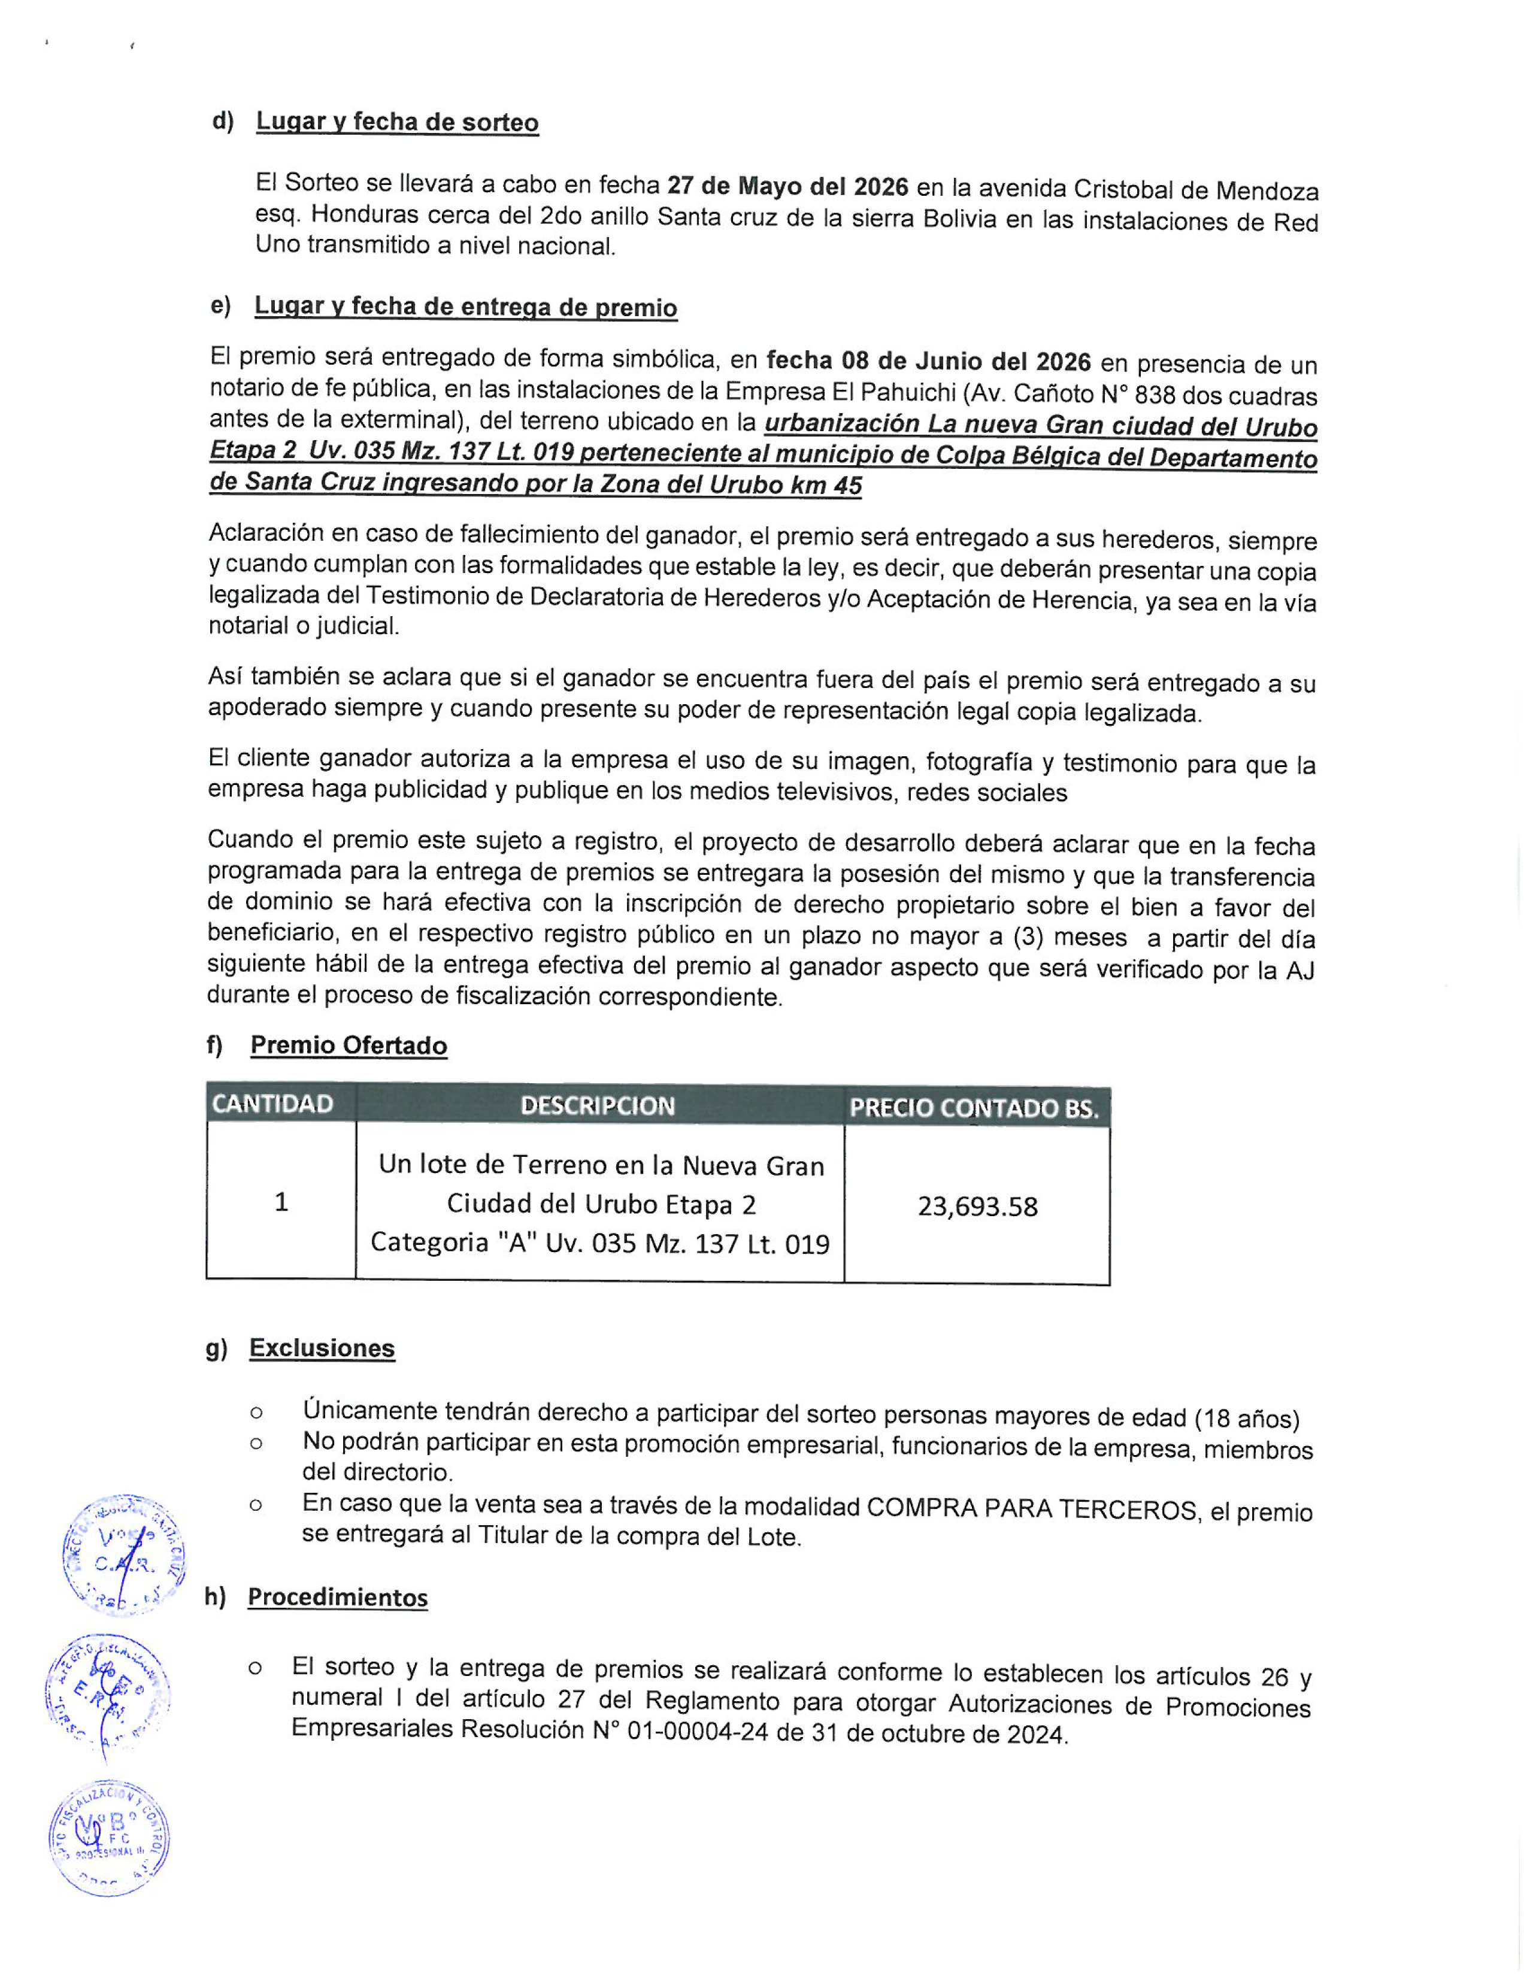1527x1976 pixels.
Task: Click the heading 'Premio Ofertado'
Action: [349, 1046]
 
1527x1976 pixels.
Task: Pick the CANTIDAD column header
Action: [272, 1104]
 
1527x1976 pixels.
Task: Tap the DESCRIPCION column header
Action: [598, 1105]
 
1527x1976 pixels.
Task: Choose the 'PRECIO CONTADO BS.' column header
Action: [974, 1108]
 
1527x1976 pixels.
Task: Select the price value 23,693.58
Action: [977, 1206]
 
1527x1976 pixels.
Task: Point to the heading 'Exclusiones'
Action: [322, 1348]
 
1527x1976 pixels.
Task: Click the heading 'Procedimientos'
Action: [337, 1597]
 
